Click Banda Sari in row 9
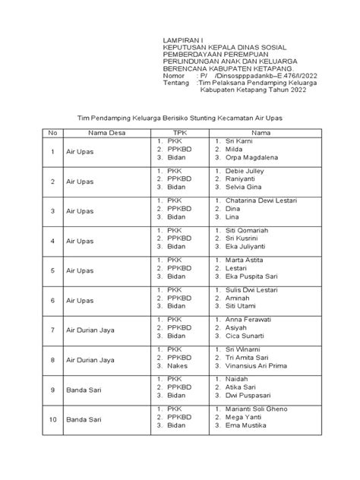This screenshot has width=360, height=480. tap(83, 389)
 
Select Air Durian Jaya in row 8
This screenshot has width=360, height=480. tap(91, 359)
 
